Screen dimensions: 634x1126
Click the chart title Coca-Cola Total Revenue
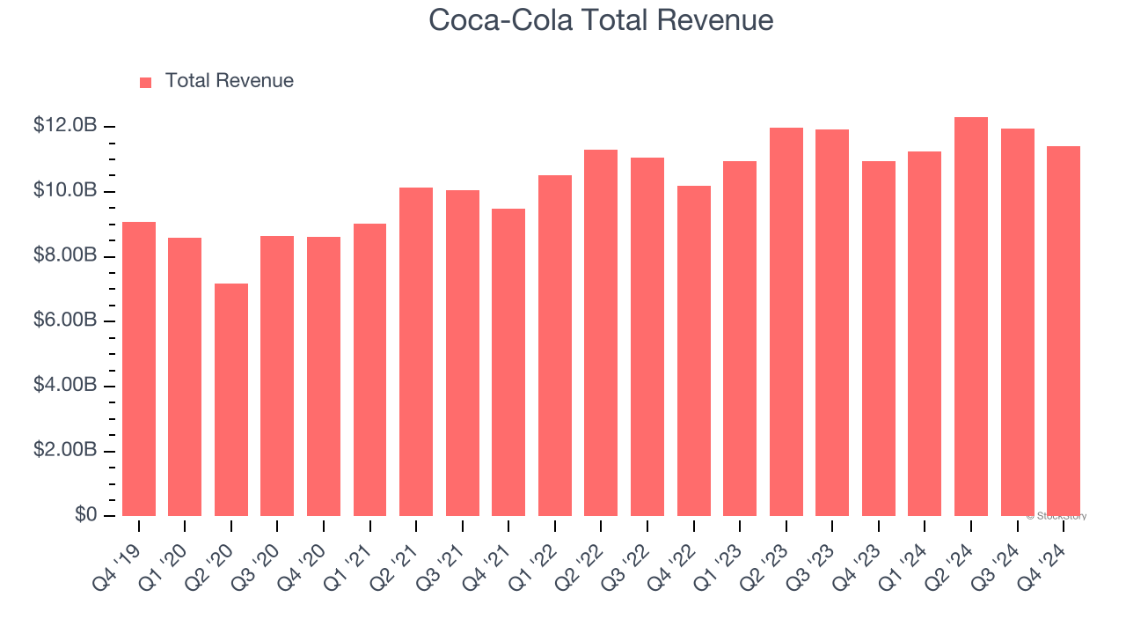coord(601,20)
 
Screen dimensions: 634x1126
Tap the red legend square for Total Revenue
coord(146,82)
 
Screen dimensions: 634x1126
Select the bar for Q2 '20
coord(231,401)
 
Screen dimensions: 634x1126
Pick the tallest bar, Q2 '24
coord(971,317)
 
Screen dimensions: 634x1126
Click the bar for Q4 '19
coord(139,370)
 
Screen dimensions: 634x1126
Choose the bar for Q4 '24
coord(1064,332)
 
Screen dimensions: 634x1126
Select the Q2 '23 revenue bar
coord(786,322)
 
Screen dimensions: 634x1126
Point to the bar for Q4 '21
coord(508,363)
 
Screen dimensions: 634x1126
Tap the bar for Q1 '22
coord(555,346)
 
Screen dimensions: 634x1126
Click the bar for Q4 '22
coord(694,351)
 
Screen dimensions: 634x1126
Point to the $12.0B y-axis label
coord(65,126)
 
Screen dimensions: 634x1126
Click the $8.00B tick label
coord(65,255)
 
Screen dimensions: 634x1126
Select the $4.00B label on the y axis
coord(65,386)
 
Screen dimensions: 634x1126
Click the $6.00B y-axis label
coord(65,321)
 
